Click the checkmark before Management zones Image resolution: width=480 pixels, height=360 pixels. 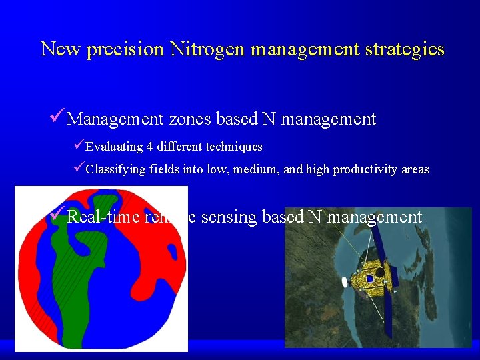click(x=58, y=118)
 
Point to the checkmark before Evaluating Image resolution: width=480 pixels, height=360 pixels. click(x=79, y=145)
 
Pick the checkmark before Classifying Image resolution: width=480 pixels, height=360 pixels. click(x=79, y=169)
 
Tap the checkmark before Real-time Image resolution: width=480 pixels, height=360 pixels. click(x=58, y=215)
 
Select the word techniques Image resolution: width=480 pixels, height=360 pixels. click(x=234, y=147)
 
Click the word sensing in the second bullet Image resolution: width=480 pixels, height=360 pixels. click(x=228, y=217)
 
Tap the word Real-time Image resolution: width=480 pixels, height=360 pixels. click(x=104, y=217)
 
